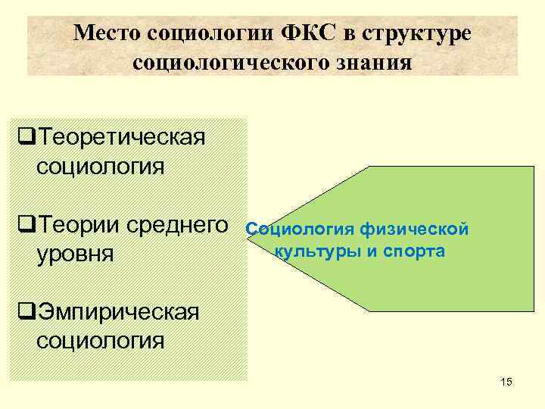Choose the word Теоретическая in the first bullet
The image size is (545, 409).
pyautogui.click(x=122, y=138)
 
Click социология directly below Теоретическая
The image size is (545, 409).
pyautogui.click(x=100, y=165)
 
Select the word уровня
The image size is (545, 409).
pyautogui.click(x=75, y=253)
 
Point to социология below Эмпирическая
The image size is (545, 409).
pyautogui.click(x=100, y=339)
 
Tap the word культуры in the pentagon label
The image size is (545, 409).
pyautogui.click(x=316, y=251)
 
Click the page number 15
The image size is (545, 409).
pyautogui.click(x=506, y=382)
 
